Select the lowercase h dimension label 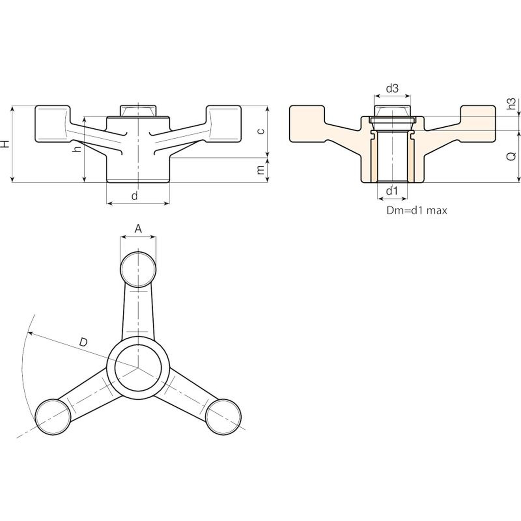tap(77, 148)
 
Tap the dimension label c tap(261, 131)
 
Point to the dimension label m tap(261, 170)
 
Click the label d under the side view tap(134, 196)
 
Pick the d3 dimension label tap(392, 88)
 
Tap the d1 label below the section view tap(392, 191)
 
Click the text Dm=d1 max tap(417, 210)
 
